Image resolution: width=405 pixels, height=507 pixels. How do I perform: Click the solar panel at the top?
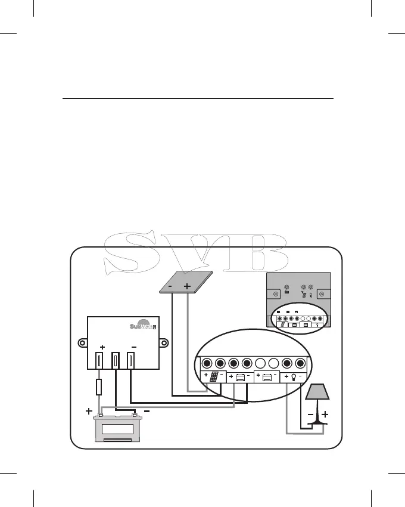pyautogui.click(x=188, y=282)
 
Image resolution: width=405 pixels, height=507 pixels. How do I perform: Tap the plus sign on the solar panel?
pyautogui.click(x=188, y=287)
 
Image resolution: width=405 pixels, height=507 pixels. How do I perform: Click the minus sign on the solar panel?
pyautogui.click(x=171, y=287)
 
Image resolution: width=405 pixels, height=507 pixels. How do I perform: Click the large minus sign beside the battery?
pyautogui.click(x=145, y=411)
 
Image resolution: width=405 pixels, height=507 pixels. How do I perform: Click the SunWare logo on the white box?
pyautogui.click(x=142, y=326)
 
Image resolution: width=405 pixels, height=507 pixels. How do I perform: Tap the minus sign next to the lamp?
pyautogui.click(x=310, y=414)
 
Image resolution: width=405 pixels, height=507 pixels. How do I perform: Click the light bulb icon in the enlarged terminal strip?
pyautogui.click(x=294, y=376)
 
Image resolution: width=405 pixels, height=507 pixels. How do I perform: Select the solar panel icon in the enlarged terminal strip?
pyautogui.click(x=213, y=378)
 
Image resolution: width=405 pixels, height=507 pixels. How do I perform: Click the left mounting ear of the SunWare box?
pyautogui.click(x=83, y=344)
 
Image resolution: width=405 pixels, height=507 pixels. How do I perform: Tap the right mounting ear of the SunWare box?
pyautogui.click(x=164, y=344)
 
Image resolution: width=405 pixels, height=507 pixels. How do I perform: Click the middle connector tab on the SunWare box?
pyautogui.click(x=116, y=360)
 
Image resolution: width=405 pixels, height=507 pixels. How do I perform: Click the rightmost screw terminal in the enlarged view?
pyautogui.click(x=301, y=363)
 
